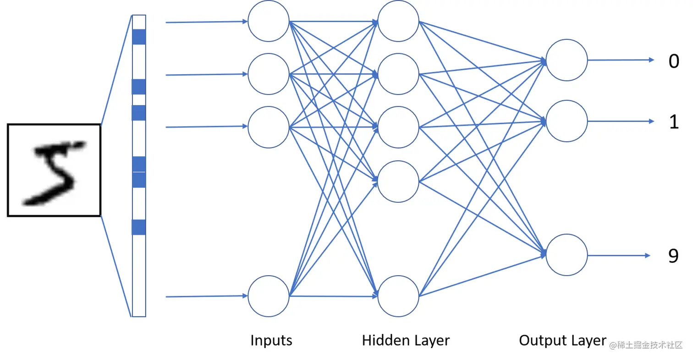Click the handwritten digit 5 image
54,170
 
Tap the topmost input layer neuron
269,22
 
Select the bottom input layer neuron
269,296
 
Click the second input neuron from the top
269,74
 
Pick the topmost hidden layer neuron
398,21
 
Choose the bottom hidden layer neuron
398,296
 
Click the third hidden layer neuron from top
398,127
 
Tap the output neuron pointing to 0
566,60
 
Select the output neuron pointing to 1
566,122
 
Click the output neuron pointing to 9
566,255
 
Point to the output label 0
673,61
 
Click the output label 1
673,122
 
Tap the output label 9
673,256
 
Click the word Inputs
271,340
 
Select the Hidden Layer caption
406,340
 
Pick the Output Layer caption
562,340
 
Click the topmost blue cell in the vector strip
139,37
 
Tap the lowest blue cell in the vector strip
139,227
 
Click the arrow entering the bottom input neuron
206,297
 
